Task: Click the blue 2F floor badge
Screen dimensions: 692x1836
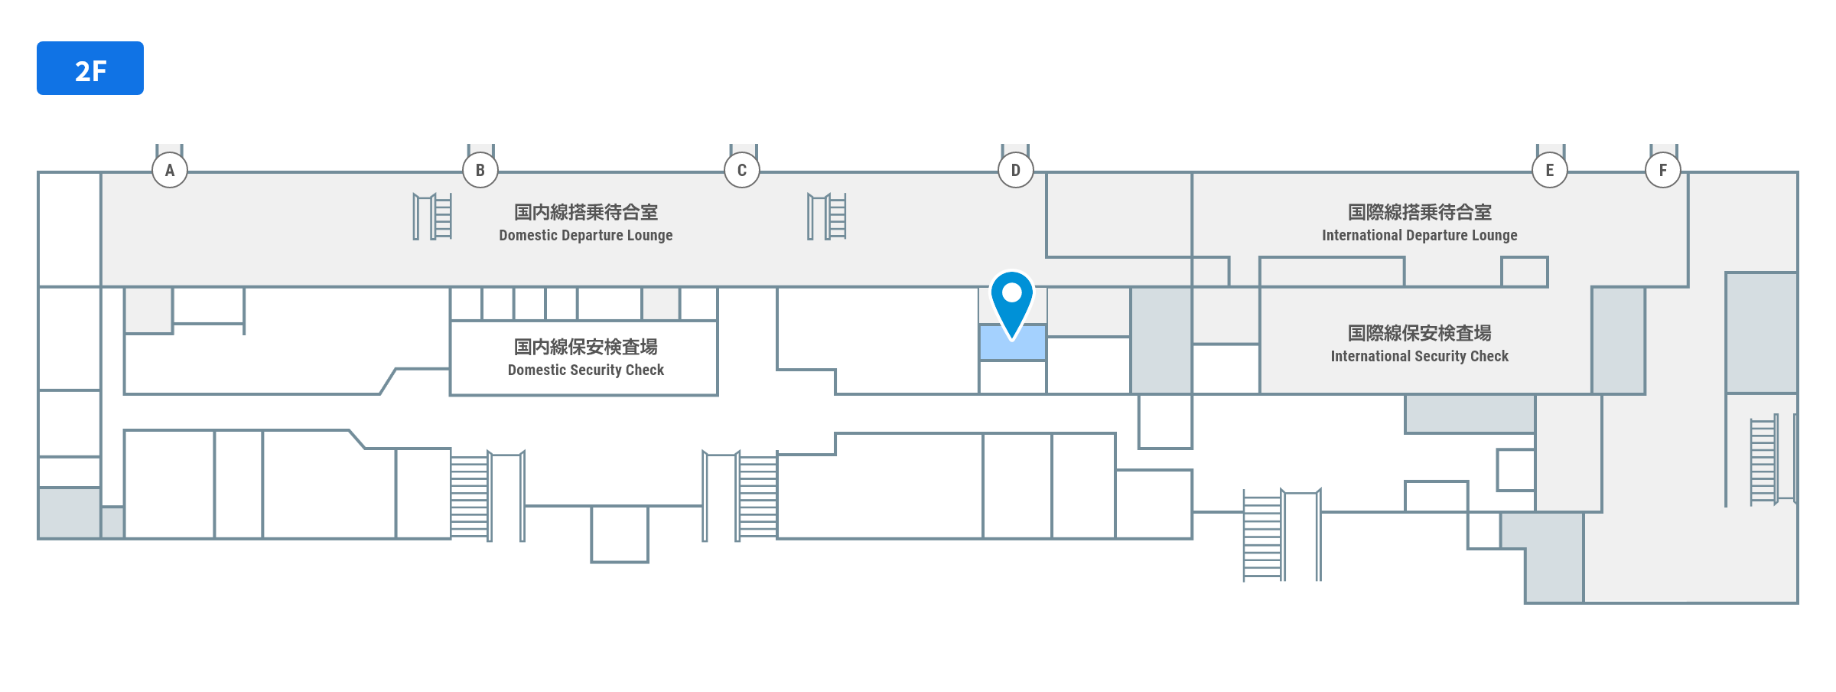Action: (90, 68)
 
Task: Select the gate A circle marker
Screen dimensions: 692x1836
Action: (170, 170)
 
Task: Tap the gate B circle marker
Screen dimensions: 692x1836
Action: (480, 170)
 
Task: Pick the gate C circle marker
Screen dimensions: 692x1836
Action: (742, 170)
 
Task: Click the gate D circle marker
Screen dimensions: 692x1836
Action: (1016, 170)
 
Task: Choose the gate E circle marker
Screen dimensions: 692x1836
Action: (1550, 170)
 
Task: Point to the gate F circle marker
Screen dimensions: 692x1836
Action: (1663, 170)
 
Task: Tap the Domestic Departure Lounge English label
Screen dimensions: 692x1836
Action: (586, 236)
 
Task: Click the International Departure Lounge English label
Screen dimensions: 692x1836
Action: (1420, 236)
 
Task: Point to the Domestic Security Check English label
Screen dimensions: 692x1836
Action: (586, 370)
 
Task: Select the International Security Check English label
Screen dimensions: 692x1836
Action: (1420, 357)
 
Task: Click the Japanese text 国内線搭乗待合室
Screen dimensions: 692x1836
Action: (586, 212)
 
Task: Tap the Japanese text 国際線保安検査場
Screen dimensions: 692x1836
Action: (1420, 333)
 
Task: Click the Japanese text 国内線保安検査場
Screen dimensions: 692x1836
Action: (586, 347)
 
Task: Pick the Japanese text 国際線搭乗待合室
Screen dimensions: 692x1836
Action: (1420, 212)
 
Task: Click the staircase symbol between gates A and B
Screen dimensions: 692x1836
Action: (433, 217)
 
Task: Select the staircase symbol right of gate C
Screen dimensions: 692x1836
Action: (827, 217)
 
